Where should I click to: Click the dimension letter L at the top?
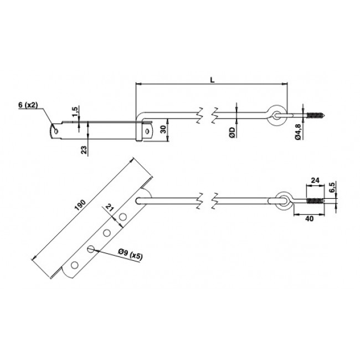click(212, 80)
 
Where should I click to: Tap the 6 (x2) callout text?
click(28, 105)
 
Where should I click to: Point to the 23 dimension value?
click(85, 150)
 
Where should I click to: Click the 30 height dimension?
click(163, 130)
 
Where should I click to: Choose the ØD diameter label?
click(232, 132)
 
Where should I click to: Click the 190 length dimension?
click(80, 205)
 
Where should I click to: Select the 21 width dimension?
click(109, 208)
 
